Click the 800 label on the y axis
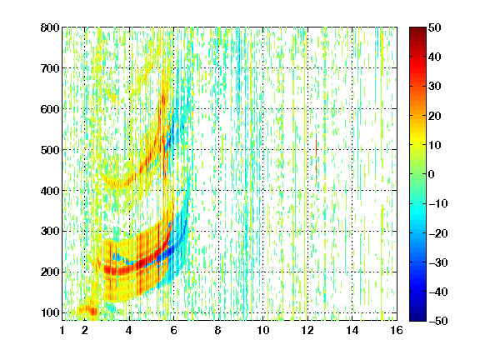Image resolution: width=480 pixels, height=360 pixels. (50, 27)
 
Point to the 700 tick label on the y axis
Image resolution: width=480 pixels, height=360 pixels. (50, 68)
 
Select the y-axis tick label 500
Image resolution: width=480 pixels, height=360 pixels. (50, 150)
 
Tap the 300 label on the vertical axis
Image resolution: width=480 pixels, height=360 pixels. (50, 231)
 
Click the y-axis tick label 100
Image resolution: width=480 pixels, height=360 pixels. (50, 312)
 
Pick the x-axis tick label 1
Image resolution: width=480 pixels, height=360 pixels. (62, 330)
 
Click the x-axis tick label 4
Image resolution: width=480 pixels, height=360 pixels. (129, 330)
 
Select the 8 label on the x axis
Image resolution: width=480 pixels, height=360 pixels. (218, 330)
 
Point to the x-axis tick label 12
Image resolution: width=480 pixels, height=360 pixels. (307, 330)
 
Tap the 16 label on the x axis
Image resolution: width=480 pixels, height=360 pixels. (397, 330)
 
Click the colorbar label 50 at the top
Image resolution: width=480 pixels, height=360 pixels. (435, 27)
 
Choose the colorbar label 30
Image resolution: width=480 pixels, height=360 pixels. (435, 87)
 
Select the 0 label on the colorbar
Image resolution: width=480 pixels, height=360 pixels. (432, 174)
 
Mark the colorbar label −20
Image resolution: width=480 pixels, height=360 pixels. (438, 233)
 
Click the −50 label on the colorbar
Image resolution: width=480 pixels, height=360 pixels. (438, 321)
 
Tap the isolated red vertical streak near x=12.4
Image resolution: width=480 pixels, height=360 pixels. (316, 157)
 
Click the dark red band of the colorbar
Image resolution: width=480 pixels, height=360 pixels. (417, 35)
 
